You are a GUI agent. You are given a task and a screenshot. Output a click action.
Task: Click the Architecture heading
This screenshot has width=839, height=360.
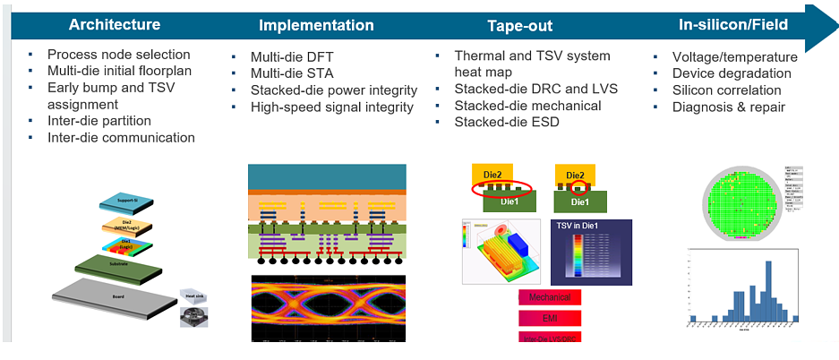(115, 24)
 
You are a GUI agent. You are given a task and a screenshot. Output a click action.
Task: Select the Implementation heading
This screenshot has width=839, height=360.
(316, 25)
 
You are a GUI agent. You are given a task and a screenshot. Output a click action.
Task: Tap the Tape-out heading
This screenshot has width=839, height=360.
(519, 26)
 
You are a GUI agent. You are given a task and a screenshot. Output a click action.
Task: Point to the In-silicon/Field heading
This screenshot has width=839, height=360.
(733, 24)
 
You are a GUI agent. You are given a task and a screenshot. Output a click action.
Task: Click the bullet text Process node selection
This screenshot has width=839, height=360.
(119, 55)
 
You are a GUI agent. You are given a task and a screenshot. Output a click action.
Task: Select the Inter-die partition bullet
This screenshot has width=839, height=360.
(99, 121)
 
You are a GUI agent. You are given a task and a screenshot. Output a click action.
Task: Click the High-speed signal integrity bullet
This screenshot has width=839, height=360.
(332, 107)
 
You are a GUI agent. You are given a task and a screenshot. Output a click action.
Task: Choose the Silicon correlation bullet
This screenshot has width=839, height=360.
(726, 90)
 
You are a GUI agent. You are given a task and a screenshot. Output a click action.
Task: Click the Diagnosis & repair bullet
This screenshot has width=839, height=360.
(729, 107)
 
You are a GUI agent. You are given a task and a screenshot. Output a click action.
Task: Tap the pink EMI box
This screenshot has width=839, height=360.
(550, 317)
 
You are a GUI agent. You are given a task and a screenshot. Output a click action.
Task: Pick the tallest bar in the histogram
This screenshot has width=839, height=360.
(767, 289)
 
